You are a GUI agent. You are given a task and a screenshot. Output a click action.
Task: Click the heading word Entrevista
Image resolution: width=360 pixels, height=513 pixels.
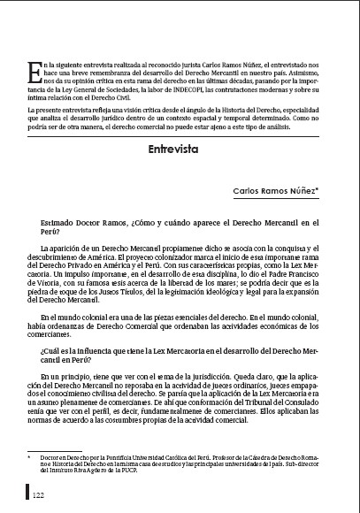click(180, 149)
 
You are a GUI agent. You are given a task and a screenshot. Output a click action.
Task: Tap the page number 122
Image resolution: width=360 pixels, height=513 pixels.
click(39, 496)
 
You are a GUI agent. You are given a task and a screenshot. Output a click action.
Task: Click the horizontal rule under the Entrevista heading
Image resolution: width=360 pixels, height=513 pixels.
click(180, 162)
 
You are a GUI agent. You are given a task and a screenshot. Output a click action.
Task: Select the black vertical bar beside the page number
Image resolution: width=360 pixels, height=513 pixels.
click(28, 495)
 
